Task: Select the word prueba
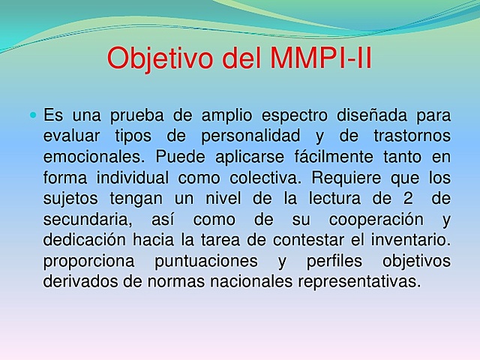[x=140, y=116]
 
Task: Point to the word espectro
[x=294, y=117]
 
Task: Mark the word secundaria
[x=85, y=220]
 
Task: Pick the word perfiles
[x=315, y=262]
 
